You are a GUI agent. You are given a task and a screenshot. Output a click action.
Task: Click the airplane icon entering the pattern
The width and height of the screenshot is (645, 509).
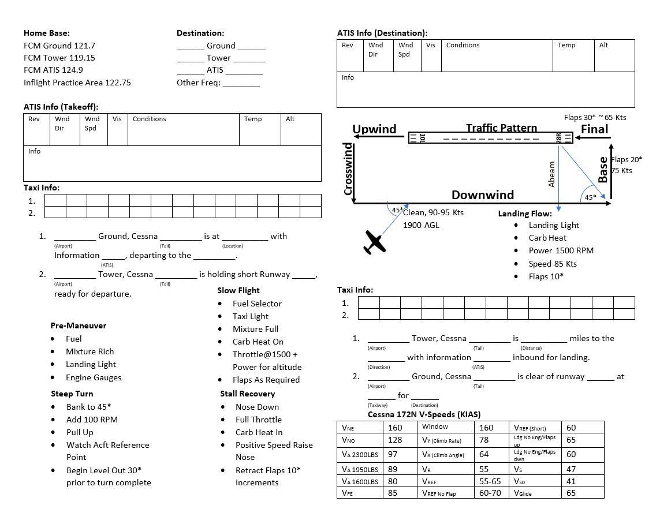(x=375, y=242)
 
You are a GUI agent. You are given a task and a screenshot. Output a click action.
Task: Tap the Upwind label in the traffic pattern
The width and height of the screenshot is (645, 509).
(x=374, y=129)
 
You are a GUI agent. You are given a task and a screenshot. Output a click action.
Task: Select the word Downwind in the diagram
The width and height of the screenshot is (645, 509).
(x=482, y=195)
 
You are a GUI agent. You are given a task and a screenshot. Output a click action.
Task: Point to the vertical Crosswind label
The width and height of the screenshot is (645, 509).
(x=348, y=169)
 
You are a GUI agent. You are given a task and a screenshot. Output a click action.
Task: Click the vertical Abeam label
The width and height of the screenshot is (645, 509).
(x=551, y=174)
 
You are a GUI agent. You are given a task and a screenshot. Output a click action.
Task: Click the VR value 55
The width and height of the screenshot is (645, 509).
(x=483, y=469)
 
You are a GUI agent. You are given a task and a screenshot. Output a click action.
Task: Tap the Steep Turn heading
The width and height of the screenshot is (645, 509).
(x=72, y=394)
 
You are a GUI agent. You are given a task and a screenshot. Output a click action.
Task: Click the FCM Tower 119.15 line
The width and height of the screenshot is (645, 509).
(x=59, y=58)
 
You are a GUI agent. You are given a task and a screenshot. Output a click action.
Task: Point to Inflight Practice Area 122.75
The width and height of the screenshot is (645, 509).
(x=77, y=83)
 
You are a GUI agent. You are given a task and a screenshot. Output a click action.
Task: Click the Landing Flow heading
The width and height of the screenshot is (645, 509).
(x=525, y=214)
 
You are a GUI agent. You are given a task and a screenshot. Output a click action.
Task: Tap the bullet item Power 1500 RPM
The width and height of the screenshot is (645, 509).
(x=561, y=250)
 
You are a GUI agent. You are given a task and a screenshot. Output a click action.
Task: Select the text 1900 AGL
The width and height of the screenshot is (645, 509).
(x=421, y=225)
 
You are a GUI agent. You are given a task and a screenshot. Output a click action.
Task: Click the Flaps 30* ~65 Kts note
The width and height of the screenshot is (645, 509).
(x=595, y=117)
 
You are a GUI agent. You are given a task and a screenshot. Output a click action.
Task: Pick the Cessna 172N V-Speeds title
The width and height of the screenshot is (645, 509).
(x=424, y=414)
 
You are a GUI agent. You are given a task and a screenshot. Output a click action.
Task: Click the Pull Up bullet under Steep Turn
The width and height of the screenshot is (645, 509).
(x=80, y=432)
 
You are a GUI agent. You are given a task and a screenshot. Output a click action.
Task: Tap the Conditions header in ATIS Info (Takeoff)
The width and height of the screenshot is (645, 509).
(x=149, y=119)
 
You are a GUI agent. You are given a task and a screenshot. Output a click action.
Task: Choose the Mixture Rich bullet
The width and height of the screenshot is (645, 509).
(x=90, y=351)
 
